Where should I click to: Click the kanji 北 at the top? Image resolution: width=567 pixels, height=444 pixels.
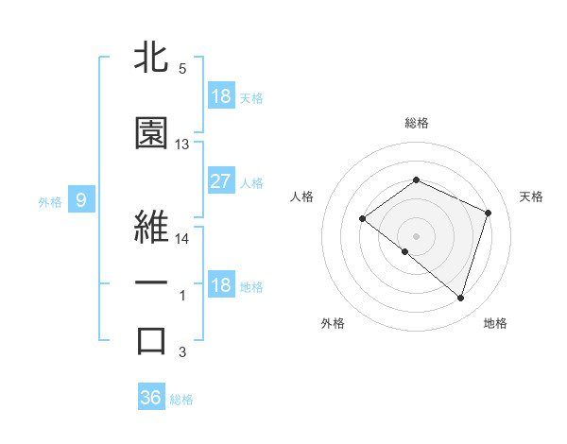(151, 59)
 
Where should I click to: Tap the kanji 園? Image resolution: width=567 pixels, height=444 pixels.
(151, 134)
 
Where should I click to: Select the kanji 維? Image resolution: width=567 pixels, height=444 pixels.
(151, 226)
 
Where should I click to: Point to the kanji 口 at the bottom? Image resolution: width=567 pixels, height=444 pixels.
(151, 341)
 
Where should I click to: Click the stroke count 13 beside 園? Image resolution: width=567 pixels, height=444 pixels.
(182, 145)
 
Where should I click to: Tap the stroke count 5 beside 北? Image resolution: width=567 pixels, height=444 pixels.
(182, 69)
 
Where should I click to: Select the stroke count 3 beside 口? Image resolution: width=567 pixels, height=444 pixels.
(182, 352)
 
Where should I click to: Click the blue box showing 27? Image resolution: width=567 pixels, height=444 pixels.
(221, 181)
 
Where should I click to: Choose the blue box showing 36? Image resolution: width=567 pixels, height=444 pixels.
(151, 398)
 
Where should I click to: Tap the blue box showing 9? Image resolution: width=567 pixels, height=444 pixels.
(81, 199)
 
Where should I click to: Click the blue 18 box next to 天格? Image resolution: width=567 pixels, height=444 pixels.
(221, 96)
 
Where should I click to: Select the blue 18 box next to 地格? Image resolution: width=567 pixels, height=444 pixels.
(221, 285)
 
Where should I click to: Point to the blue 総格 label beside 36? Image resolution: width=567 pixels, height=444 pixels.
(181, 399)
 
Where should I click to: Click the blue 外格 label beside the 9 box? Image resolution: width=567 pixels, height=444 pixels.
(50, 200)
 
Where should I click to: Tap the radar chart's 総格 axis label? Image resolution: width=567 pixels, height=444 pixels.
(416, 123)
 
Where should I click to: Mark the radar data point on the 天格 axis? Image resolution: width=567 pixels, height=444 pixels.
(489, 213)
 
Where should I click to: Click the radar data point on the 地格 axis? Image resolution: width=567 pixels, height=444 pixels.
(460, 298)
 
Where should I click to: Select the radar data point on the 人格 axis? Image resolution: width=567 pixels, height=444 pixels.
(362, 219)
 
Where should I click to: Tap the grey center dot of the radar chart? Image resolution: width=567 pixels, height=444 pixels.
(416, 235)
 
